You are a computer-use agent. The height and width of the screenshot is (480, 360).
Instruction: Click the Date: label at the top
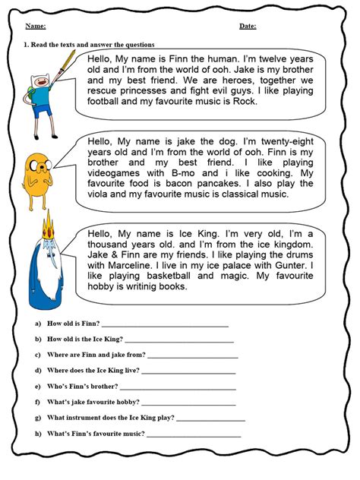pyautogui.click(x=248, y=26)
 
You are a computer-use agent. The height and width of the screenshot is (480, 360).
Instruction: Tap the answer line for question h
pyautogui.click(x=193, y=434)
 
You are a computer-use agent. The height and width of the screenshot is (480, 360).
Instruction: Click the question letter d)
pyautogui.click(x=37, y=371)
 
